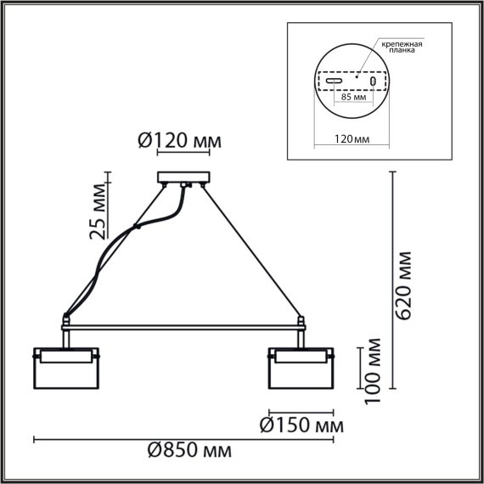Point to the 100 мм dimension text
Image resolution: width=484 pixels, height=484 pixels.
tap(371, 370)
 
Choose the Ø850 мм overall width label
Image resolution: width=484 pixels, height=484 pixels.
tap(188, 450)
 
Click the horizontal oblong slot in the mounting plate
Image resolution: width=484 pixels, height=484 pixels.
tap(336, 82)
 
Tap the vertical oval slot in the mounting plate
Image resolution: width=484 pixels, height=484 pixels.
tap(372, 82)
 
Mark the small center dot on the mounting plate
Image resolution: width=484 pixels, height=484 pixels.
tap(356, 77)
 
